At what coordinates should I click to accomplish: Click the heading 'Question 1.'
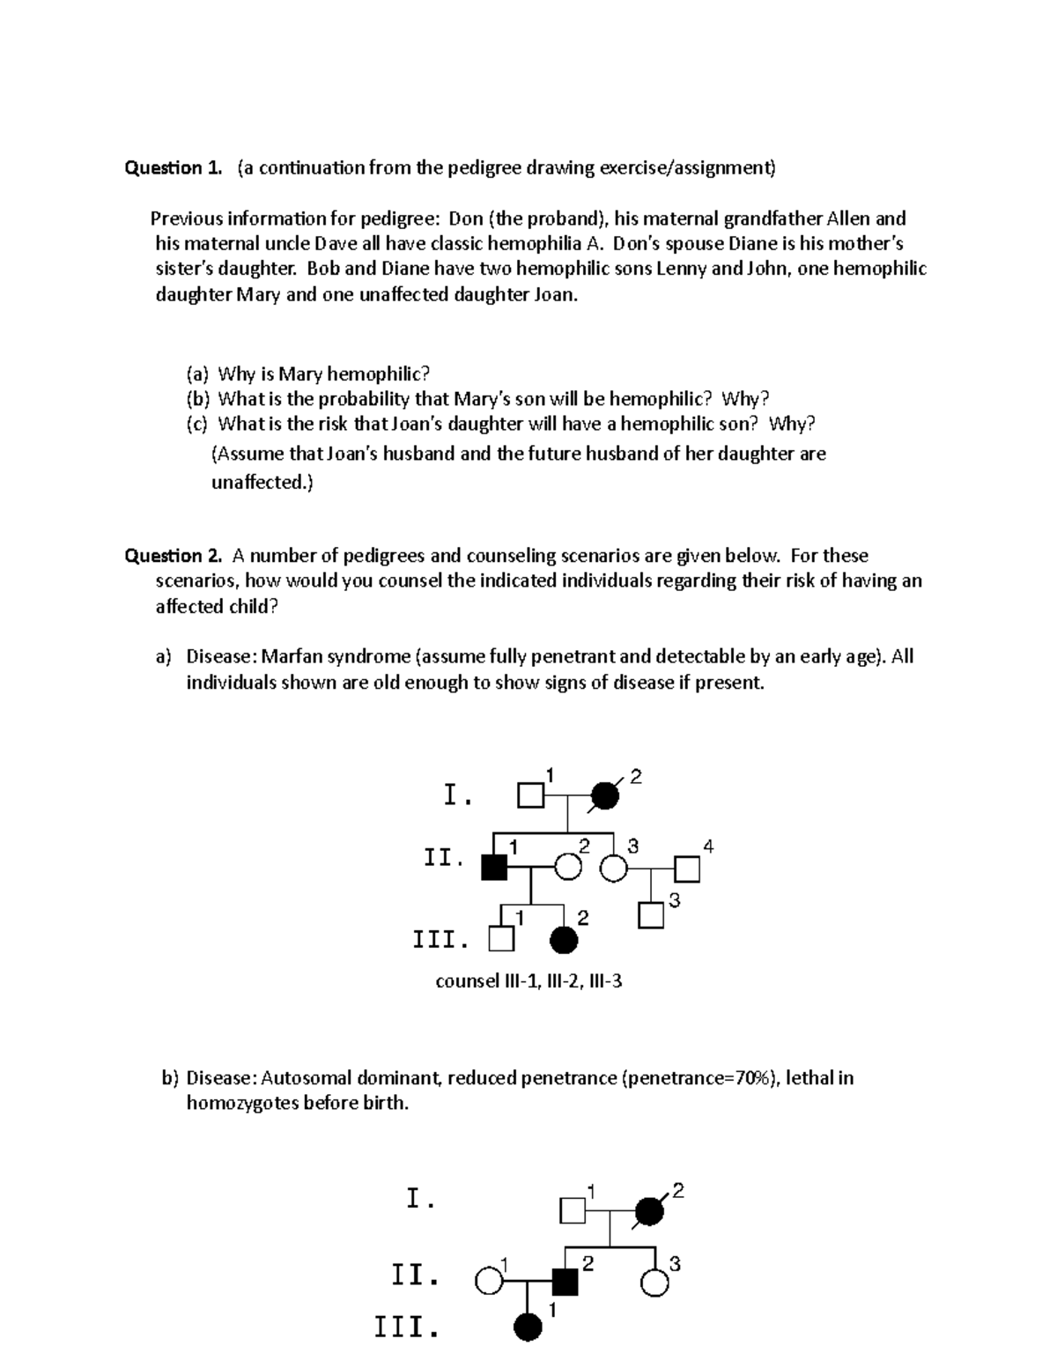click(x=174, y=168)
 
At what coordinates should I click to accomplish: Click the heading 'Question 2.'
click(x=174, y=556)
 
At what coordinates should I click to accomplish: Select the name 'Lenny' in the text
click(x=682, y=270)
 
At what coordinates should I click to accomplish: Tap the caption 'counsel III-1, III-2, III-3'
click(x=528, y=980)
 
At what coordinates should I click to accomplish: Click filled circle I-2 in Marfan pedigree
click(x=604, y=795)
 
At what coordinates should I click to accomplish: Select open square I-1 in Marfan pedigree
click(x=530, y=795)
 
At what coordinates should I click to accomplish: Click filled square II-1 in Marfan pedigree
click(x=494, y=868)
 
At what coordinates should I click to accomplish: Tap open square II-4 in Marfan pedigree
click(x=687, y=869)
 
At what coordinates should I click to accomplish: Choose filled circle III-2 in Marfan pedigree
click(x=564, y=941)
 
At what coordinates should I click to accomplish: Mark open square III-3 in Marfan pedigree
click(x=651, y=916)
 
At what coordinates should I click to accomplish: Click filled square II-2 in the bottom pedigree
click(x=565, y=1282)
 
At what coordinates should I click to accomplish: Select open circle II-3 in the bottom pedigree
click(x=654, y=1283)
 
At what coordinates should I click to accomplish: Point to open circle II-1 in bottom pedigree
click(x=488, y=1282)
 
